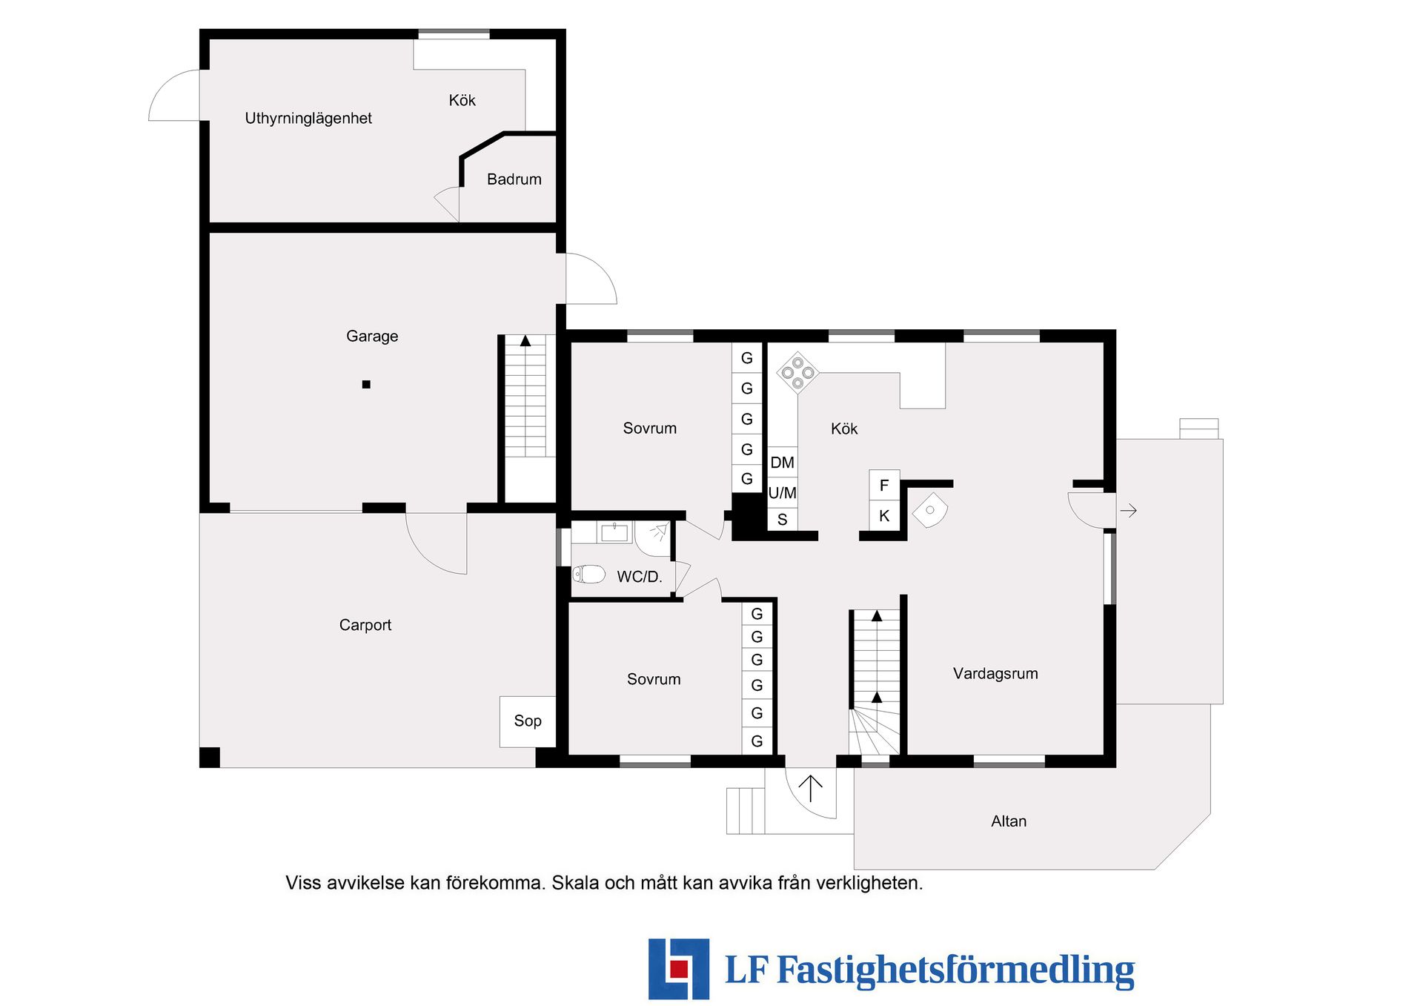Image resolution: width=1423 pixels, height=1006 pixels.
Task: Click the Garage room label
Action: [x=372, y=337]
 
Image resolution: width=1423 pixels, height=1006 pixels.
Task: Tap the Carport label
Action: [x=365, y=625]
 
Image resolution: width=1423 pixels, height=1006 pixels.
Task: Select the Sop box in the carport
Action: [x=528, y=721]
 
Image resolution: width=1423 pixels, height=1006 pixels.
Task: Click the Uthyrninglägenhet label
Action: [x=308, y=119]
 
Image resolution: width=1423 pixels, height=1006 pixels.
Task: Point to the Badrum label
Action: [x=514, y=179]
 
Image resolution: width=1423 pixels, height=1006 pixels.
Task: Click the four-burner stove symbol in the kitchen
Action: [x=797, y=372]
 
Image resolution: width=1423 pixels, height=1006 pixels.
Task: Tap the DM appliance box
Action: [x=782, y=463]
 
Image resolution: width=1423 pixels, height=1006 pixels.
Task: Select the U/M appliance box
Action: [x=782, y=493]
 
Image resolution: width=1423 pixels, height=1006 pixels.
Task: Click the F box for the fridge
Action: [x=884, y=486]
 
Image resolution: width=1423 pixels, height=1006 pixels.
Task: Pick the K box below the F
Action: [x=884, y=516]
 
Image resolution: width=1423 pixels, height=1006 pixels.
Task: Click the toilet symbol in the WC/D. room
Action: [x=588, y=575]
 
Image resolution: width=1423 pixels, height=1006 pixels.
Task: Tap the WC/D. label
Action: [x=640, y=577]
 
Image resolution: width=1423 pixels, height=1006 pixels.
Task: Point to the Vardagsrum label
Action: [x=995, y=674]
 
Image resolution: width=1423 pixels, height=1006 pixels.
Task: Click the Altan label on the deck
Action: [x=1009, y=821]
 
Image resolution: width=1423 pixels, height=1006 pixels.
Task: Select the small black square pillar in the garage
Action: [x=366, y=385]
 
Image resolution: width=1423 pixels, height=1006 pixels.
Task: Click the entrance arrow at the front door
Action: [x=811, y=788]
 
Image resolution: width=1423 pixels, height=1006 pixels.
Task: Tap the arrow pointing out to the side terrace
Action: [x=1128, y=511]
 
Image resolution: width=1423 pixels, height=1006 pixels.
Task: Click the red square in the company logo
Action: [x=679, y=969]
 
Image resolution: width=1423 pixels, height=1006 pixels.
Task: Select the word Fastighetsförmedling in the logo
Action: [x=955, y=970]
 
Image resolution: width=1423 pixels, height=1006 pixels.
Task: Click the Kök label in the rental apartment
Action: [x=462, y=101]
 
